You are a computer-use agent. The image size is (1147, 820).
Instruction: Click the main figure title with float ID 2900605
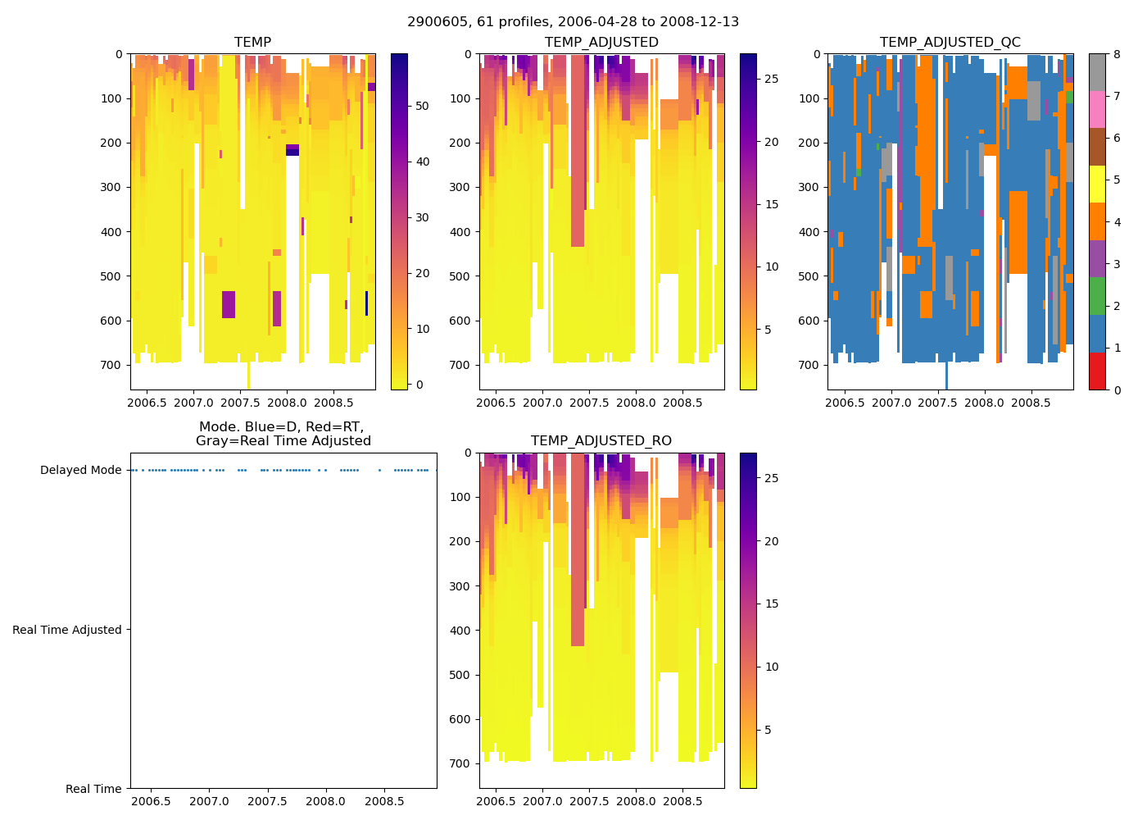coord(573,22)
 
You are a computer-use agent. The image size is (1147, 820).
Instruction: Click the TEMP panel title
coord(252,43)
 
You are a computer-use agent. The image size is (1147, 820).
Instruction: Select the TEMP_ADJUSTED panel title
coord(601,43)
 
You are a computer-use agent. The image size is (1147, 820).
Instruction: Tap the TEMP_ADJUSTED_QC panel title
coord(950,43)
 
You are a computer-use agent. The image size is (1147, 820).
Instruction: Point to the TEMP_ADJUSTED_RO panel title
coord(601,441)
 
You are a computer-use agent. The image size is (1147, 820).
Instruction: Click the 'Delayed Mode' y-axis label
coord(80,471)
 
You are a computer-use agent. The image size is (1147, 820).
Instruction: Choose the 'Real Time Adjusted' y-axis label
coord(67,630)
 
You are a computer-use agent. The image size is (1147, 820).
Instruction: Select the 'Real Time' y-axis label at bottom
coord(93,789)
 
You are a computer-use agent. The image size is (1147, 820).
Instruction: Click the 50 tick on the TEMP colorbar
coord(422,106)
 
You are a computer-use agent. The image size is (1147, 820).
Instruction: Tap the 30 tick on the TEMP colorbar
coord(422,217)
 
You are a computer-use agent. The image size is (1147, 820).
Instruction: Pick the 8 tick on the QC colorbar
coord(1116,54)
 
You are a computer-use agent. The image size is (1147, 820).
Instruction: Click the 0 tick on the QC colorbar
coord(1116,389)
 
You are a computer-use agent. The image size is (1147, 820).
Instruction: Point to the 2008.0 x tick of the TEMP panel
coord(287,403)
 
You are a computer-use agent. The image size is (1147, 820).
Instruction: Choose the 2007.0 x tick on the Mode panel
coord(210,801)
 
